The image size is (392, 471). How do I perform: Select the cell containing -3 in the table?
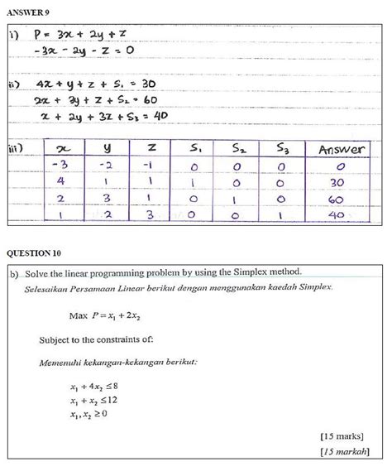[63, 166]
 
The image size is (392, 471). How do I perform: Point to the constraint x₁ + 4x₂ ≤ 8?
[100, 386]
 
